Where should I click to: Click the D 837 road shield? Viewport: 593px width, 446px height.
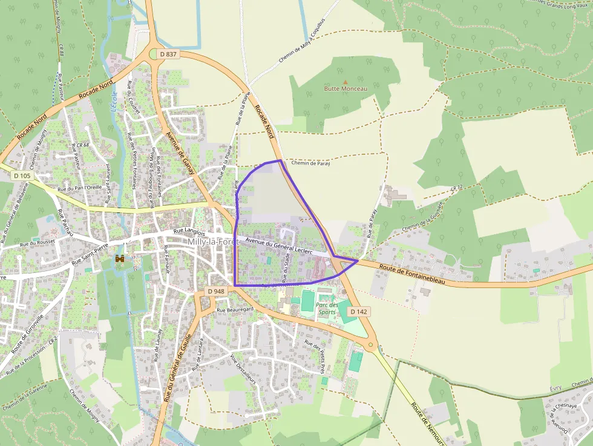coord(169,54)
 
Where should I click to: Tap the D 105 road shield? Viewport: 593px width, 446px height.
coord(22,175)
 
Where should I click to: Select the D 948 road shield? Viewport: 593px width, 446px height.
coord(216,291)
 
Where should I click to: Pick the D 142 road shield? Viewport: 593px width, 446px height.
coord(359,312)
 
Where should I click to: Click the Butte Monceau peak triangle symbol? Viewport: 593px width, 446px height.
coord(346,82)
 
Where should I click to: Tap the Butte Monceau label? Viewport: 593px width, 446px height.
coord(346,89)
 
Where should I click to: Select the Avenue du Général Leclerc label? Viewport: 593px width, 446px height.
coord(279,246)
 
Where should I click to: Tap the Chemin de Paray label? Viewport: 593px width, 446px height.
coord(310,163)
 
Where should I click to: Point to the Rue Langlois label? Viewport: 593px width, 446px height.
coord(189,232)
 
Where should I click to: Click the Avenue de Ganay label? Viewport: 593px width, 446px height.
coord(180,152)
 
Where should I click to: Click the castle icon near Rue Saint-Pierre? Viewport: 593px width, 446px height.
coord(120,259)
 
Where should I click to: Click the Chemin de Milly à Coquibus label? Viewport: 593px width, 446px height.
coord(302,45)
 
